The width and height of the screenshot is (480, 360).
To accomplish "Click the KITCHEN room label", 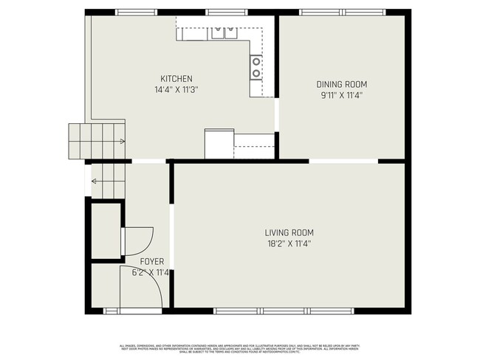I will (x=176, y=79).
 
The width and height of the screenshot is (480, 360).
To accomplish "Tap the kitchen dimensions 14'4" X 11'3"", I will (x=176, y=89).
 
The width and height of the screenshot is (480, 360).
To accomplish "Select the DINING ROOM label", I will (x=341, y=84).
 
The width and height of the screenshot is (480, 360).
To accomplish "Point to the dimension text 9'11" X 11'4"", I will (x=341, y=94).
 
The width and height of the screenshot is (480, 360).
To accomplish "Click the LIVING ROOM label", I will (x=289, y=232).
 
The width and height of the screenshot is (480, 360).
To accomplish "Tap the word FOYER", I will (x=152, y=262).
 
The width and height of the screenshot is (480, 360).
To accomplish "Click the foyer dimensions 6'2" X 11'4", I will (x=151, y=272).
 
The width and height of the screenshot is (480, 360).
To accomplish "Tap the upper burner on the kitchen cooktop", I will (x=256, y=62).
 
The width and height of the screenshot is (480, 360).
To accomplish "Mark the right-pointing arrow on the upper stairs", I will (x=119, y=141).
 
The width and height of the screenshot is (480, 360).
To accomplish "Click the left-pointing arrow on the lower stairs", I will (x=95, y=180).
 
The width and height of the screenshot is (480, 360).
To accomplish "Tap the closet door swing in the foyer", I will (x=137, y=239).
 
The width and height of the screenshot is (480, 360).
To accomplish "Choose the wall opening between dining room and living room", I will (x=343, y=161).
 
